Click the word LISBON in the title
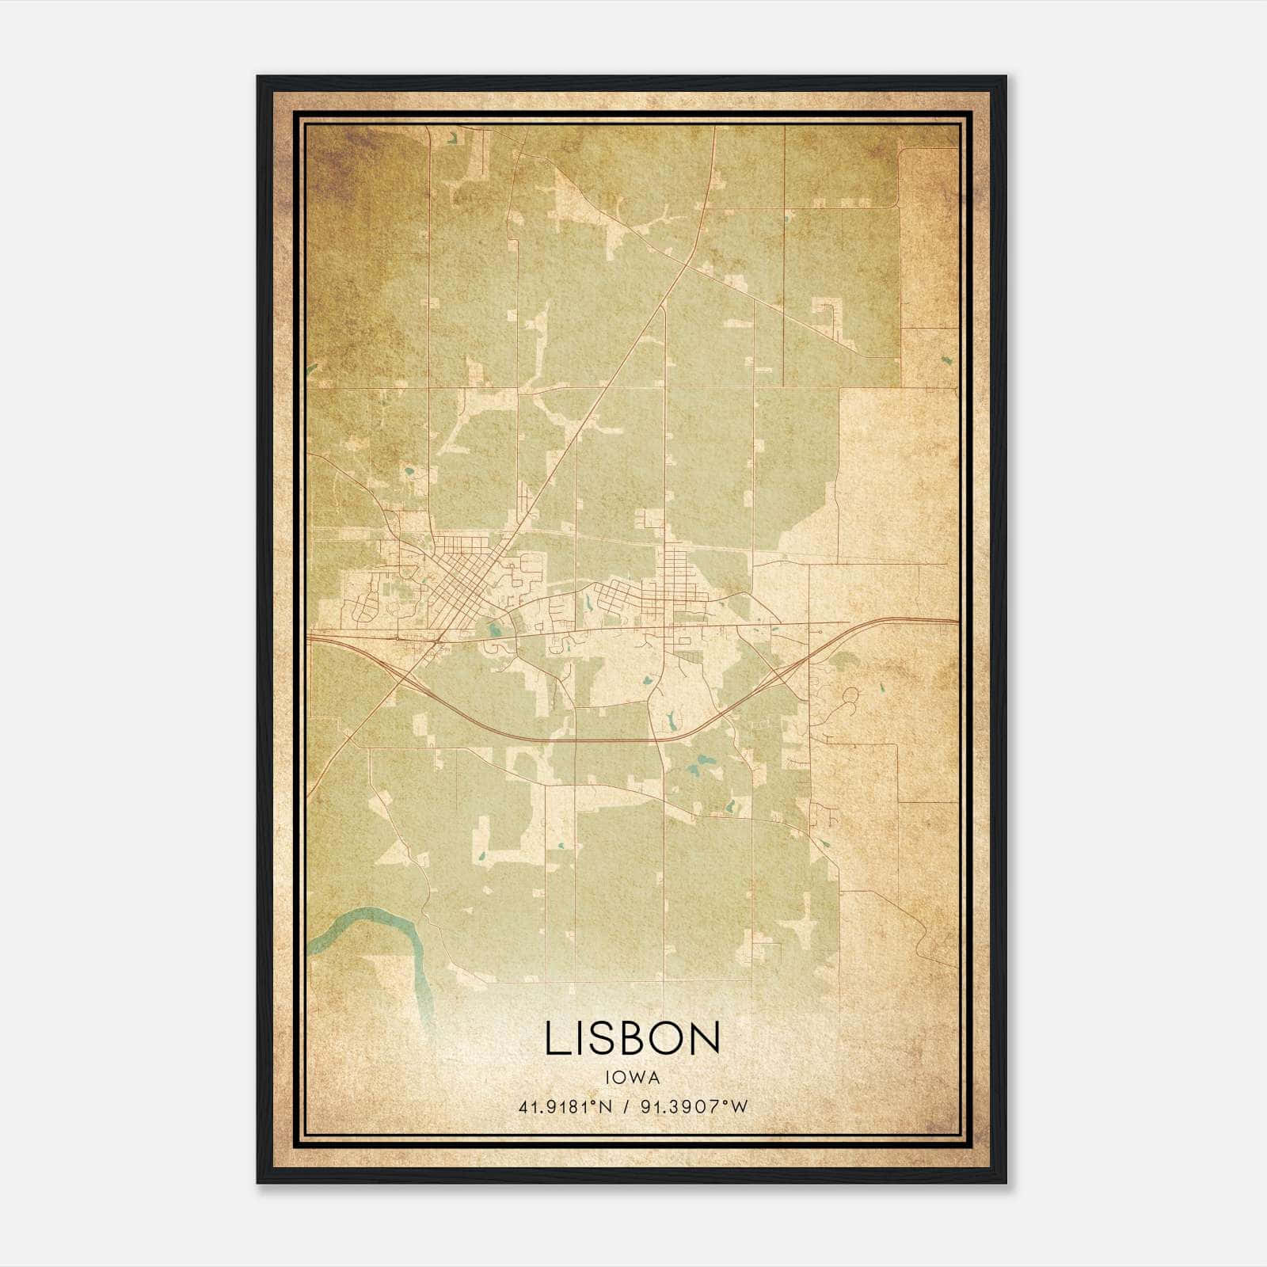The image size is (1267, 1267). (x=632, y=1038)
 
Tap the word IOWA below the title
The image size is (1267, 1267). (x=632, y=1077)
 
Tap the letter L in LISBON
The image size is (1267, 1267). (x=555, y=1038)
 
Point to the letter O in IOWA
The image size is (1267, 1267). (x=619, y=1077)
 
